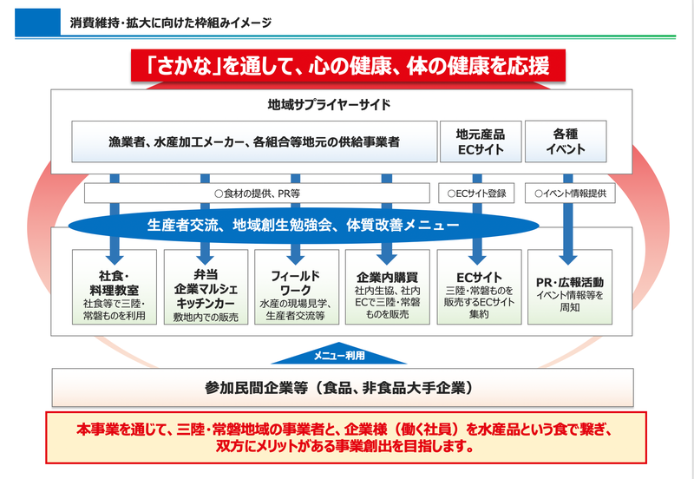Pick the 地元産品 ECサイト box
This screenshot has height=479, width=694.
pos(481,141)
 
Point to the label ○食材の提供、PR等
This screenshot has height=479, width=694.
pos(257,194)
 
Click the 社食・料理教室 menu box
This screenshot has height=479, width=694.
pos(115,288)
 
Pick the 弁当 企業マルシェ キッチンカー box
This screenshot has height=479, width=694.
pos(205,288)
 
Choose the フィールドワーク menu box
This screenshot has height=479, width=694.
pos(295,288)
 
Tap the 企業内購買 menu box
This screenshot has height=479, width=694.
pos(387,288)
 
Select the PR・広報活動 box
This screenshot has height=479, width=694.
pos(569,288)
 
